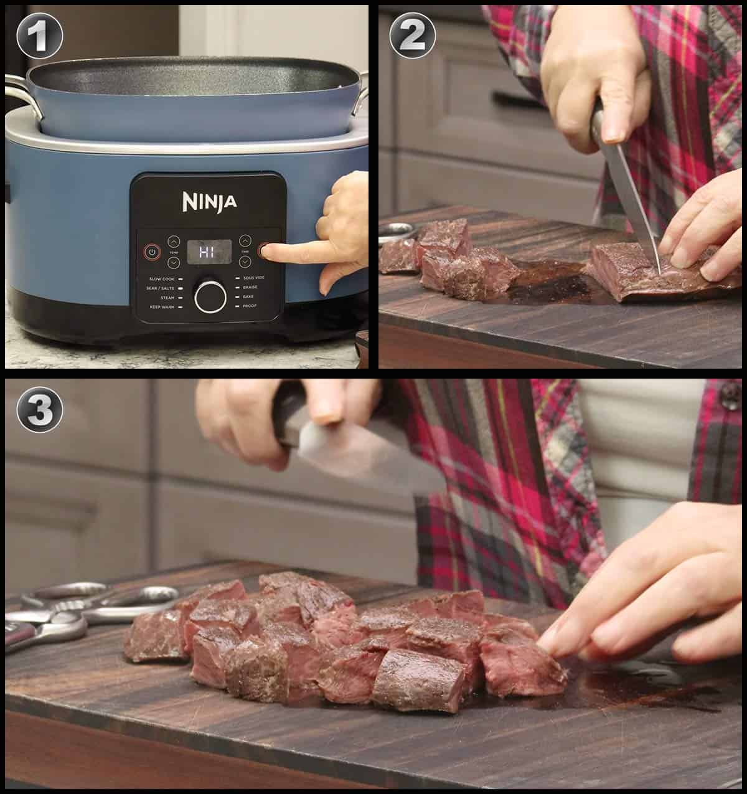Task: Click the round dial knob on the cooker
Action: [x=210, y=296]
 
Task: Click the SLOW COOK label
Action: [x=161, y=279]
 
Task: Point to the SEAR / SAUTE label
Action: [x=161, y=288]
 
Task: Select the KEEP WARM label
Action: [x=161, y=307]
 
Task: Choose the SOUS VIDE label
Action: [x=254, y=279]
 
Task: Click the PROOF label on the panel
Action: [x=250, y=307]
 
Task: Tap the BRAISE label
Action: [x=250, y=288]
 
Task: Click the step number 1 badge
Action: [x=39, y=35]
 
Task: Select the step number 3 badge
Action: [x=39, y=409]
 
